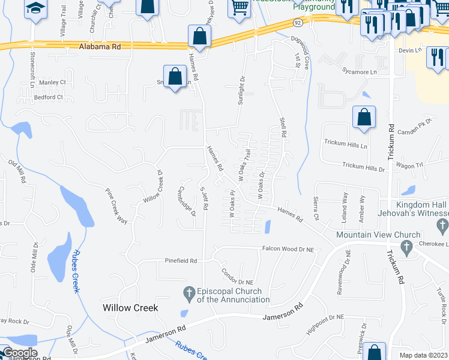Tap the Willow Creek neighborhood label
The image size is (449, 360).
point(130,308)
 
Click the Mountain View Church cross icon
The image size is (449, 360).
point(406,246)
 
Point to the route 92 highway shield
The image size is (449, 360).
point(298,22)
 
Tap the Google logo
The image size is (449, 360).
point(20,353)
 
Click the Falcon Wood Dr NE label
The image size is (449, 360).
point(288,249)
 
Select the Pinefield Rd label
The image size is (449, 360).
point(181,261)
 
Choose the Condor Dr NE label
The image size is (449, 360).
point(237,277)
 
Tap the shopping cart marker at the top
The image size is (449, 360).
point(240,8)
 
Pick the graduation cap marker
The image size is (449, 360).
point(35,8)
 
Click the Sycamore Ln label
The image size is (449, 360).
point(364,72)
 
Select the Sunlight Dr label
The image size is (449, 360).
point(243,91)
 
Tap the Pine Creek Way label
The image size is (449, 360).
point(116,207)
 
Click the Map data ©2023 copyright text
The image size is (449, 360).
point(424,355)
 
